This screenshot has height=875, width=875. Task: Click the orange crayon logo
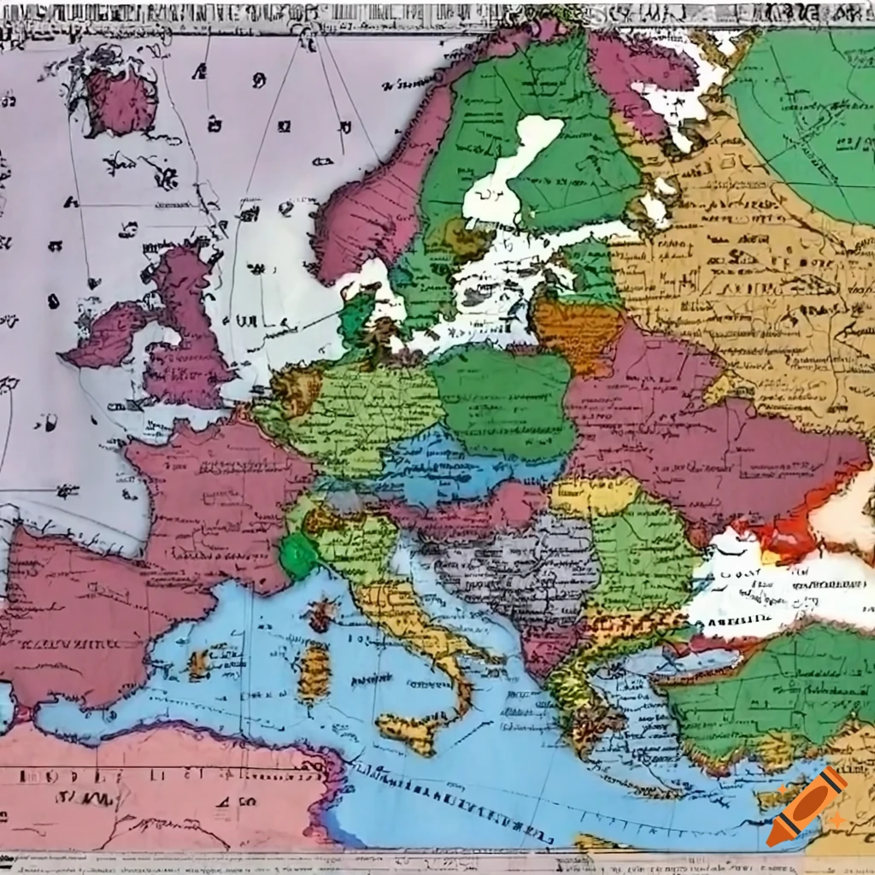[806, 807]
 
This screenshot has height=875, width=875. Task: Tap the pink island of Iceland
[122, 100]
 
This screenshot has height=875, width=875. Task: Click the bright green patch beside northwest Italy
[299, 556]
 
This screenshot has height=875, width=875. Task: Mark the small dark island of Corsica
[322, 614]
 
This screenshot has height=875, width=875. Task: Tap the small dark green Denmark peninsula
[357, 316]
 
